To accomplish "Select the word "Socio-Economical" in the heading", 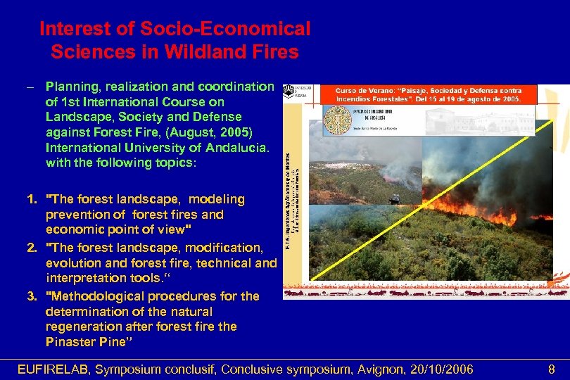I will [226, 30].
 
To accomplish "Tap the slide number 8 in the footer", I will [552, 369].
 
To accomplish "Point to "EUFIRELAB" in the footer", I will [53, 369].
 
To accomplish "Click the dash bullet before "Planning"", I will [30, 87].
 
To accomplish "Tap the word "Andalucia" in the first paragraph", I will [228, 148].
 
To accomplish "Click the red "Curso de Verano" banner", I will [429, 95].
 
